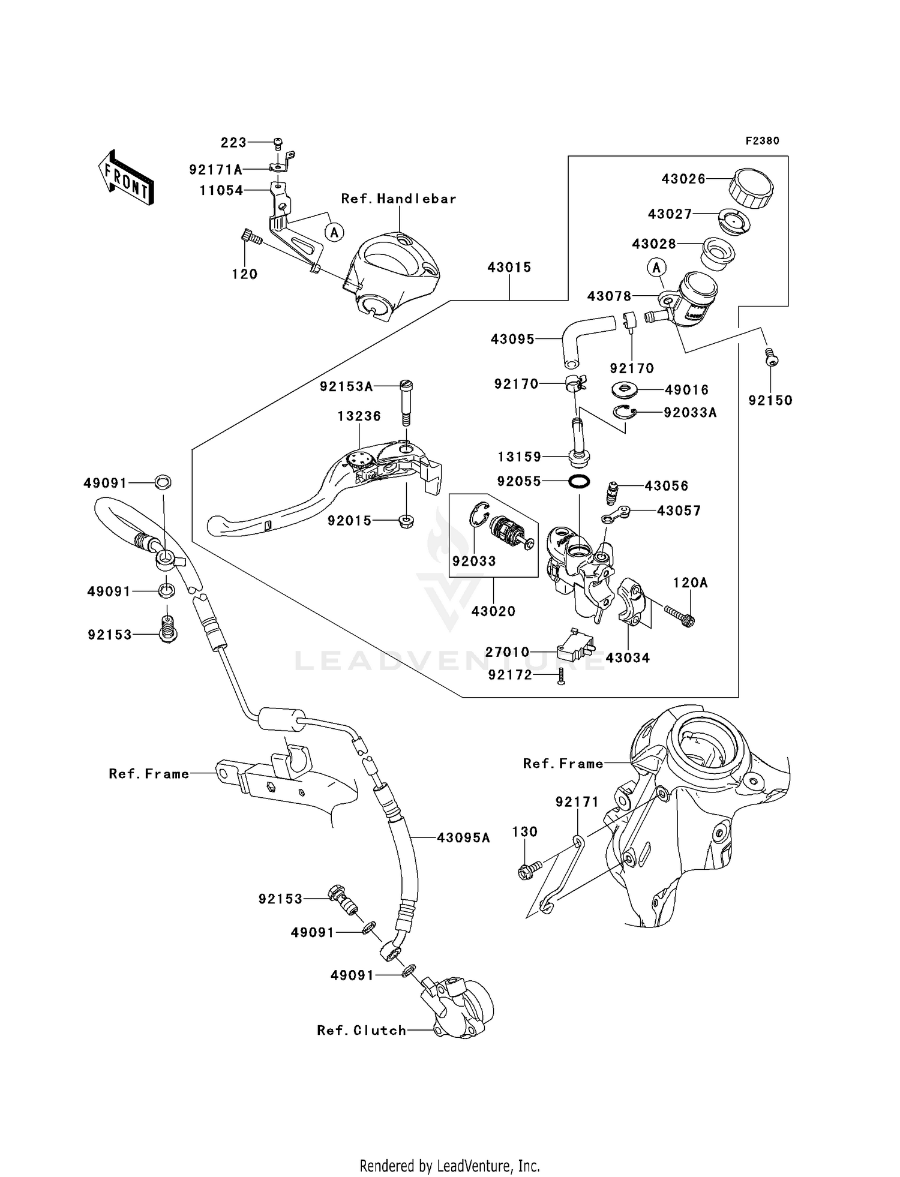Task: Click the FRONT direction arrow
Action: [126, 178]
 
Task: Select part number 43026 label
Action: [683, 179]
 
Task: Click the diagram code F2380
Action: [762, 141]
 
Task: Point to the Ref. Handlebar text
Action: [398, 199]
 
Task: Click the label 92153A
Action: [346, 387]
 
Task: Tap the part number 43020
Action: [493, 611]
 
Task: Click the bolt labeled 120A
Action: [679, 616]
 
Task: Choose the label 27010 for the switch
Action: [507, 652]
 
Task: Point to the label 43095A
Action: [463, 838]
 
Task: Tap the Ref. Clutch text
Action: [361, 1031]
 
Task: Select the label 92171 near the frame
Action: [577, 802]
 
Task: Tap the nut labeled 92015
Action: [406, 520]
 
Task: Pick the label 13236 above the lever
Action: [359, 416]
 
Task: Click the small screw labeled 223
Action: [278, 143]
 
